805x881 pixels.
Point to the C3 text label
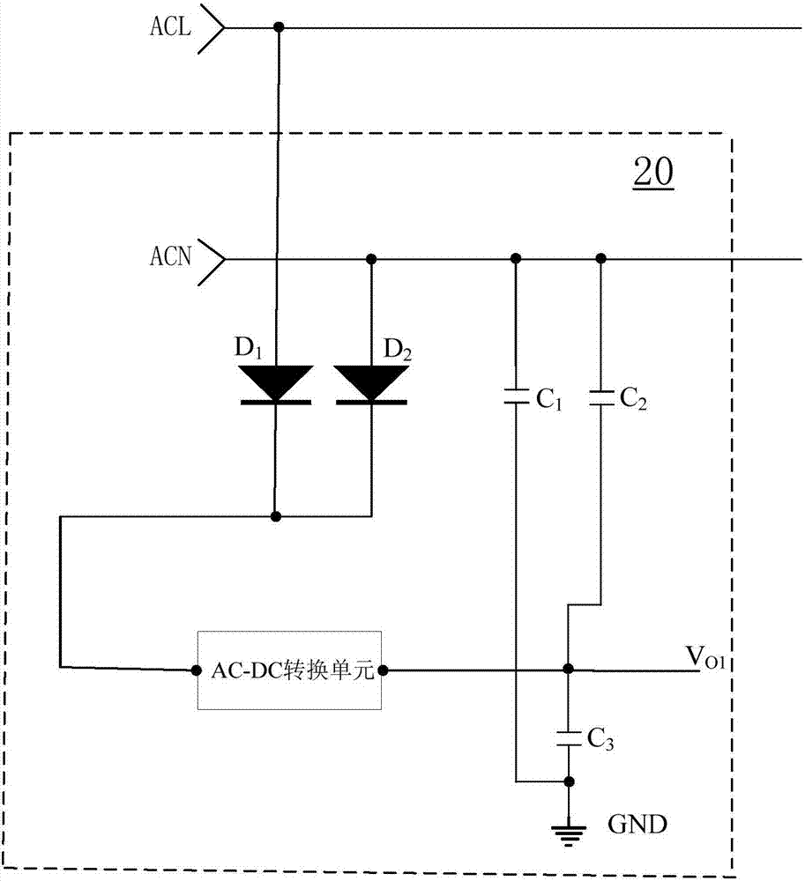point(600,740)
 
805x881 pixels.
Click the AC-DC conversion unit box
point(289,670)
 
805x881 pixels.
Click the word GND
point(637,825)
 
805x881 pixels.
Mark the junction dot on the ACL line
point(280,28)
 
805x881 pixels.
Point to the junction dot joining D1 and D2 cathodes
point(276,515)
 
